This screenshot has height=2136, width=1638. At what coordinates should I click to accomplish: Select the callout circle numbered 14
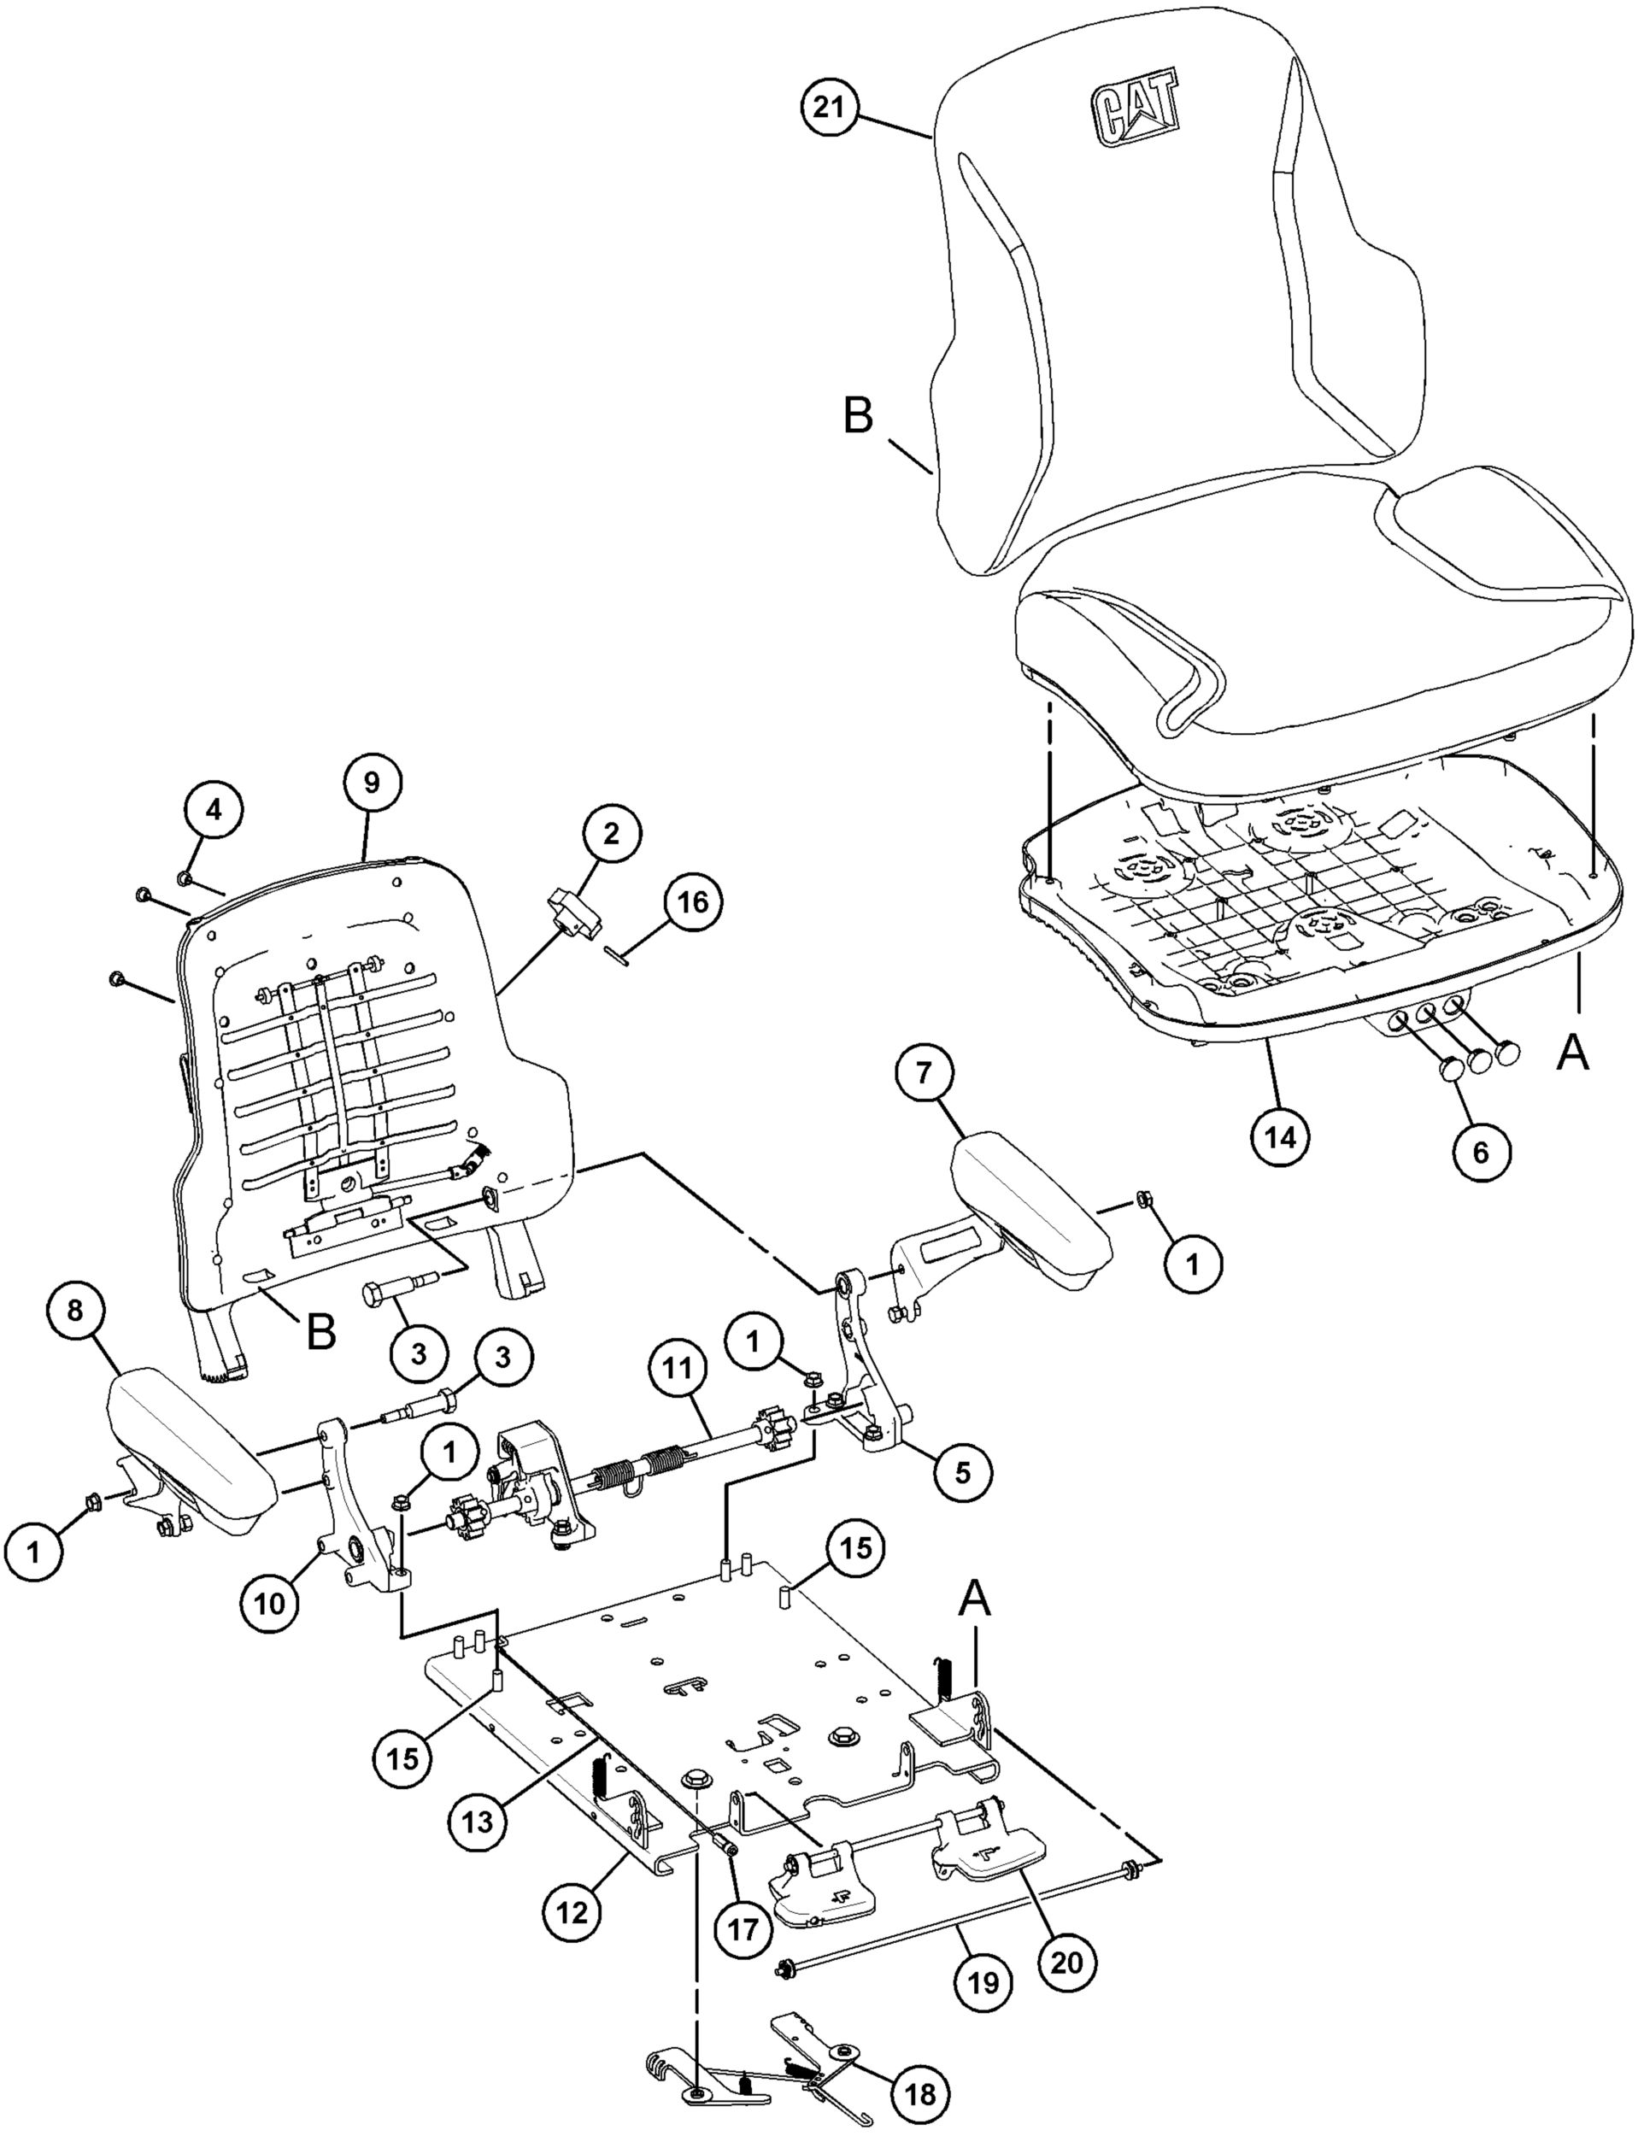(x=1281, y=1135)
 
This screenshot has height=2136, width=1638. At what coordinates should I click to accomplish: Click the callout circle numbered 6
(x=1480, y=1153)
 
